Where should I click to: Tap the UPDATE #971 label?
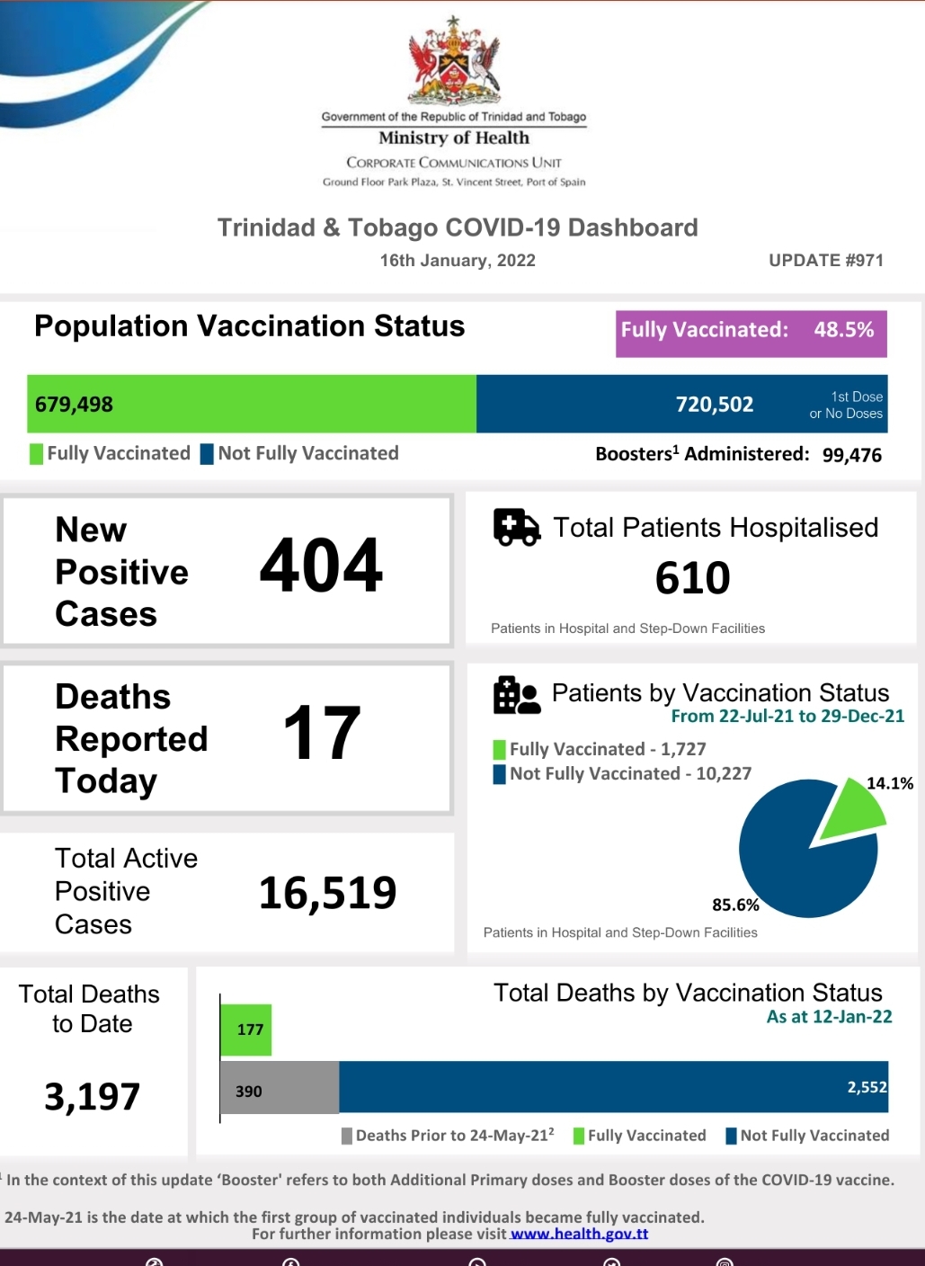[825, 260]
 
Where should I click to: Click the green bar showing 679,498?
[252, 404]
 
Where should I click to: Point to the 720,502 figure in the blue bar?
[715, 405]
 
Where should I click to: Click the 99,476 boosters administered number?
[851, 455]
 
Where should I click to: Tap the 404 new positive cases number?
[321, 566]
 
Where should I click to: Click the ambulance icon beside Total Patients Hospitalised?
[517, 527]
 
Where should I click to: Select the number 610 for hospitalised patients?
[692, 578]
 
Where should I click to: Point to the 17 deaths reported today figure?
[322, 734]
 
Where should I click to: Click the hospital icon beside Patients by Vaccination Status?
[516, 695]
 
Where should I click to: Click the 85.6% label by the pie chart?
[735, 905]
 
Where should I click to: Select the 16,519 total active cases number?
[327, 893]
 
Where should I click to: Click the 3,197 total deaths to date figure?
[92, 1097]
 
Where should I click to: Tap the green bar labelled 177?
[246, 1030]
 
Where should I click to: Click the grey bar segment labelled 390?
[280, 1088]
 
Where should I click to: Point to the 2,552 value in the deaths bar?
[867, 1087]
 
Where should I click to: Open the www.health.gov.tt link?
[579, 1234]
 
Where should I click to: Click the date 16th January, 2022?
[458, 261]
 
